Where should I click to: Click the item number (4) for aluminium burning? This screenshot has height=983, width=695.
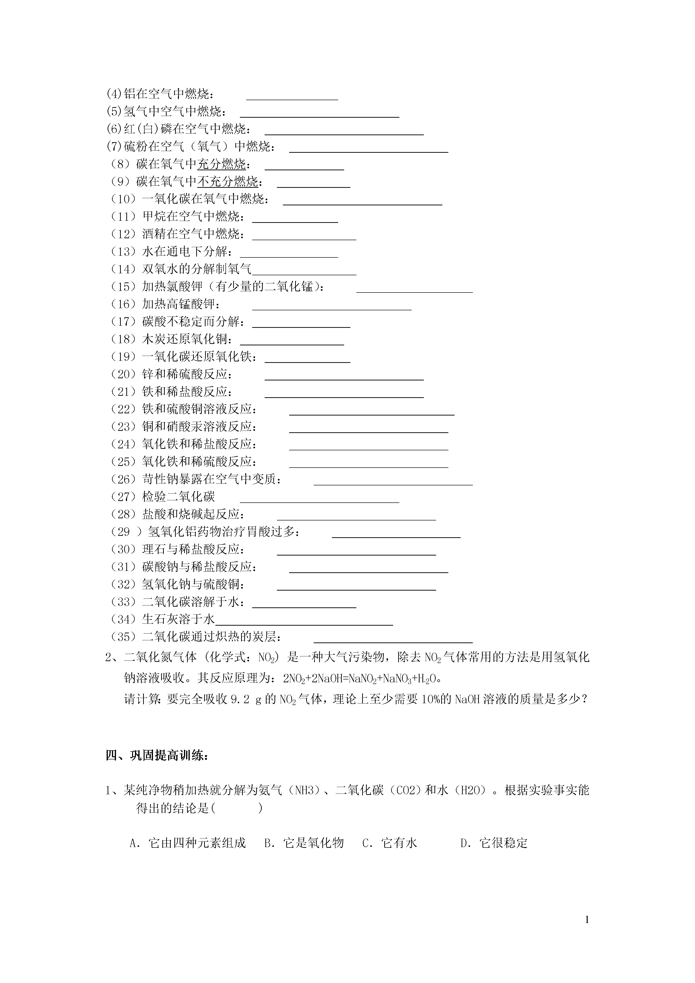(x=114, y=94)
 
